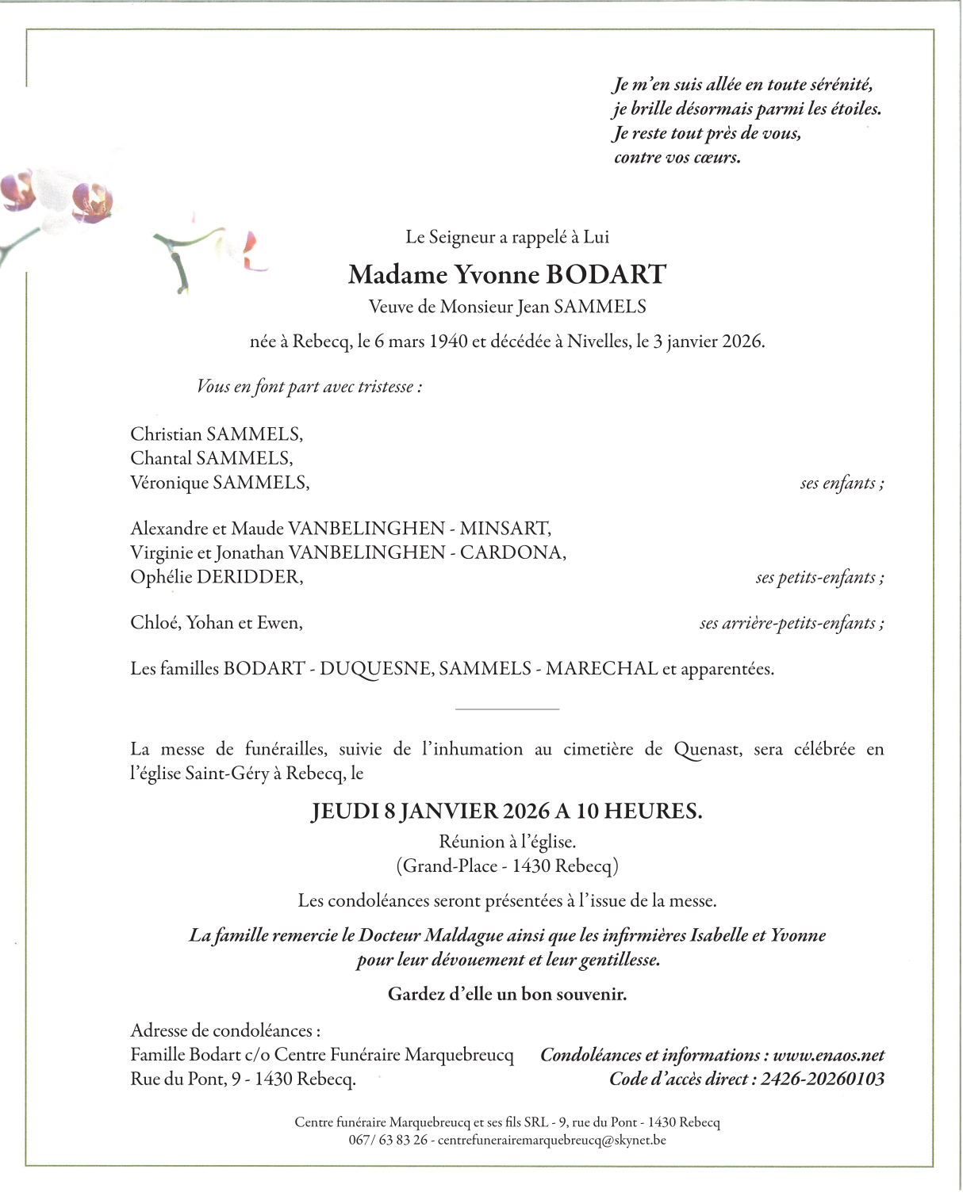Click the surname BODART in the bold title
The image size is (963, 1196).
(606, 274)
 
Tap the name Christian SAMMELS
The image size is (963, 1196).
(216, 434)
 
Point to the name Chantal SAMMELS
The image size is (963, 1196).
(211, 458)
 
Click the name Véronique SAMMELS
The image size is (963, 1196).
(219, 482)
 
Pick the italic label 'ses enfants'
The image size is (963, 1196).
(841, 483)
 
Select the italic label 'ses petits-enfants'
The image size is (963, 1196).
(819, 577)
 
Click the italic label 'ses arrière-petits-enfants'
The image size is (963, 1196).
(791, 623)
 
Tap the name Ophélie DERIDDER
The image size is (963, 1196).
(216, 577)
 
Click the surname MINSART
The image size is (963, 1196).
(505, 529)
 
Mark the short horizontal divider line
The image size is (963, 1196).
(508, 709)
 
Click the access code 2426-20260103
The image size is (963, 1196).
(822, 1079)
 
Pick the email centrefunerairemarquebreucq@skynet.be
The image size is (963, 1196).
(551, 1140)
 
